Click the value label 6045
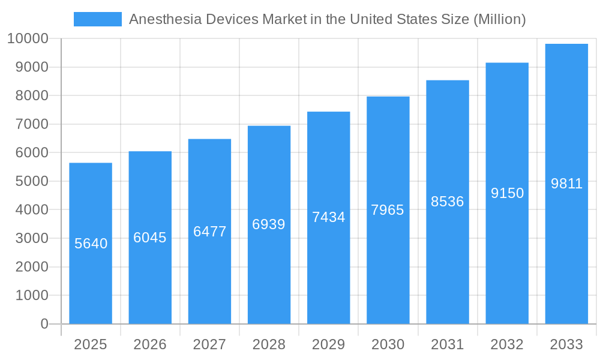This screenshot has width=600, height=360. click(150, 238)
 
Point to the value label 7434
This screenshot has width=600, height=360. click(328, 217)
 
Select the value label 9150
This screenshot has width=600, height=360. click(507, 193)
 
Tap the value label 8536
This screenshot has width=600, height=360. click(448, 202)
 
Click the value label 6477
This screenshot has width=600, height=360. click(209, 232)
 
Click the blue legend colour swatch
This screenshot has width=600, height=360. click(97, 19)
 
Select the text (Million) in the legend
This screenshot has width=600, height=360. click(499, 19)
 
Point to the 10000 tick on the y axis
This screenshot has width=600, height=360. click(28, 39)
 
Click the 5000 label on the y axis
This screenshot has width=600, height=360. click(31, 181)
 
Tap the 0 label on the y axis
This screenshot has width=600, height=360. click(44, 324)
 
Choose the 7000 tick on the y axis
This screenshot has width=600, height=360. click(31, 124)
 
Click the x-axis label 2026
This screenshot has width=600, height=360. click(150, 344)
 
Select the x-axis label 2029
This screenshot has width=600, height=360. click(328, 344)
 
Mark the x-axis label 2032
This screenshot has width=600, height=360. click(507, 344)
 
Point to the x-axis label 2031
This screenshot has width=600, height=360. click(448, 344)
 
